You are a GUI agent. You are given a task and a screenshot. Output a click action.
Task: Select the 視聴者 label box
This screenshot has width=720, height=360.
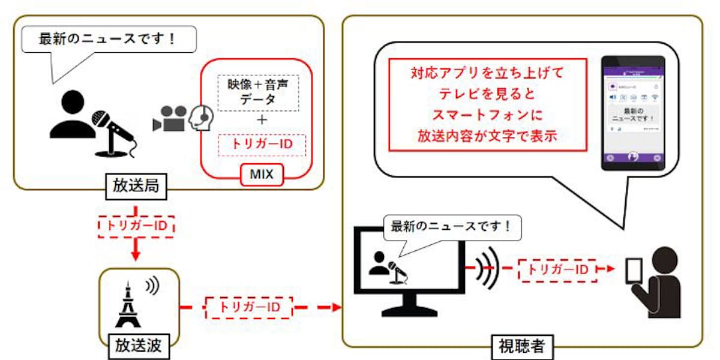[521, 346]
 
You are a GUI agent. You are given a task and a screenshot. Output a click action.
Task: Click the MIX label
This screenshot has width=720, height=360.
[262, 175]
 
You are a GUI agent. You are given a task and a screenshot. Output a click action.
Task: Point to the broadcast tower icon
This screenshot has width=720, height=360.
[127, 305]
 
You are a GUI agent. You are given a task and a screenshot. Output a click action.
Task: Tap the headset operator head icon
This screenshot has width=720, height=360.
[201, 117]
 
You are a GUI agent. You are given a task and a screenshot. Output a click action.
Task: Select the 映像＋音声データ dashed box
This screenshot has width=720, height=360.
[257, 92]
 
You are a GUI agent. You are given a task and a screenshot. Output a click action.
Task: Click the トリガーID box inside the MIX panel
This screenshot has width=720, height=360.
[261, 145]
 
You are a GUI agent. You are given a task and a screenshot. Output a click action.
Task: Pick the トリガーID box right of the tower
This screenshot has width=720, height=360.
[248, 307]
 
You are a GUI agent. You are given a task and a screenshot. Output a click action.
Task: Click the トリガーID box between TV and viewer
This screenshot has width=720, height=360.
[557, 269]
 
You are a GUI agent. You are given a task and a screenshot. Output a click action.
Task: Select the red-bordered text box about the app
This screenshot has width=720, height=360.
[487, 104]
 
